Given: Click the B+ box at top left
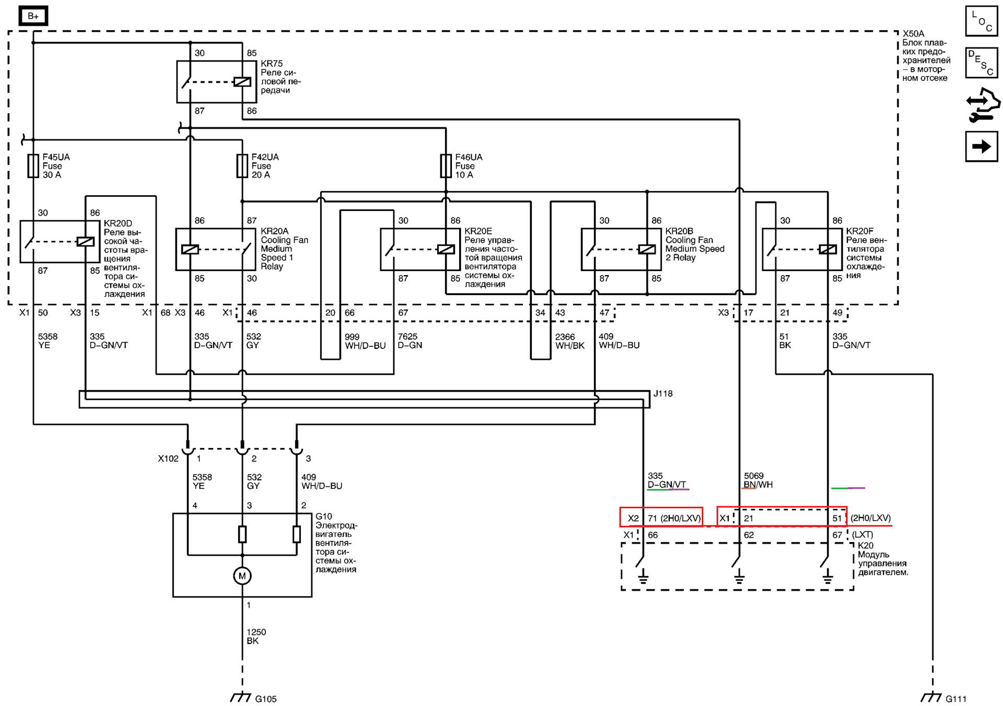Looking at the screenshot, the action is point(33,16).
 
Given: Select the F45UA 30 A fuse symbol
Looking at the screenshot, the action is point(33,166).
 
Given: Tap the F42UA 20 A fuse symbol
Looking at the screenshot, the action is point(242,166).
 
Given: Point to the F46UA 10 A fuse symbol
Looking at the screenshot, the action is point(446,166).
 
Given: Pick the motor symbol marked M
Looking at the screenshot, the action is point(242,576).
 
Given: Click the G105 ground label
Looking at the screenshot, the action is point(266,699).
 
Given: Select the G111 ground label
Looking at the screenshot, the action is point(956,699).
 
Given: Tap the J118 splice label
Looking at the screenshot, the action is point(663,394).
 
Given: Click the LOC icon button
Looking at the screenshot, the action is point(982,21).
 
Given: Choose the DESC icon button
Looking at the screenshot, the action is point(982,63).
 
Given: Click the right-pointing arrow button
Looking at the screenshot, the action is point(982,146).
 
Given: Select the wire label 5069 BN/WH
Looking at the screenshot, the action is point(758,480).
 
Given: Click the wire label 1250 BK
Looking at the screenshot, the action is point(256,637).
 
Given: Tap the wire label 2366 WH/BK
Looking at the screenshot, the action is point(569,341).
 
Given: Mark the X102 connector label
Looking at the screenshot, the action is point(168,458).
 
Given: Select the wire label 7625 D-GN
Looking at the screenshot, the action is point(410,341).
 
